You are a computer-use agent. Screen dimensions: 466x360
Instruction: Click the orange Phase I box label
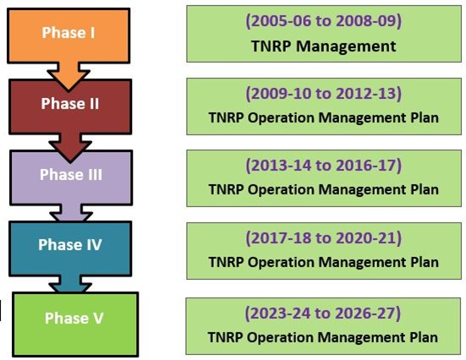pyautogui.click(x=69, y=32)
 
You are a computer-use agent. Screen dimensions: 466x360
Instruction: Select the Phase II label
pyautogui.click(x=70, y=103)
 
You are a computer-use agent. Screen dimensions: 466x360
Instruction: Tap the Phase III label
pyautogui.click(x=71, y=174)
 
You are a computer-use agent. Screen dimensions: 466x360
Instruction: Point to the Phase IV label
pyautogui.click(x=70, y=245)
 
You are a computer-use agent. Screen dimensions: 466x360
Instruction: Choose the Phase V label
pyautogui.click(x=74, y=318)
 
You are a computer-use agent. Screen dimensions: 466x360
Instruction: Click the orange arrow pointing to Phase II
pyautogui.click(x=69, y=76)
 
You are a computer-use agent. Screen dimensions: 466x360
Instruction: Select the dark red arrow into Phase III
pyautogui.click(x=70, y=148)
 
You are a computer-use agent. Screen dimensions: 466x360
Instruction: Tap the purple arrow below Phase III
pyautogui.click(x=71, y=213)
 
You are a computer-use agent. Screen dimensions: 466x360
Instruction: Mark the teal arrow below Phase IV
pyautogui.click(x=70, y=284)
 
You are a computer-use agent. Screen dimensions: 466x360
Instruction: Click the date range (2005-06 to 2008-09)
pyautogui.click(x=323, y=21)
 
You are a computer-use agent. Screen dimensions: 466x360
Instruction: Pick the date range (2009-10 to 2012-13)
pyautogui.click(x=323, y=93)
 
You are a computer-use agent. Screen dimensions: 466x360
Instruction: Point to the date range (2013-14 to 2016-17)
pyautogui.click(x=323, y=165)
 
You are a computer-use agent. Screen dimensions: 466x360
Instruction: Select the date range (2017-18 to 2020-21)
pyautogui.click(x=323, y=237)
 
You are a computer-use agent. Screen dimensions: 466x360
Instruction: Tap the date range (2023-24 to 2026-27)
pyautogui.click(x=323, y=313)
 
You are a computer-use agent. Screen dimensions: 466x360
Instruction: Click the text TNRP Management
pyautogui.click(x=324, y=46)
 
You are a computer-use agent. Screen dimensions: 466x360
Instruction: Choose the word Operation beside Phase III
pyautogui.click(x=281, y=189)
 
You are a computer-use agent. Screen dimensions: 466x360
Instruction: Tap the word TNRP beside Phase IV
pyautogui.click(x=226, y=262)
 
